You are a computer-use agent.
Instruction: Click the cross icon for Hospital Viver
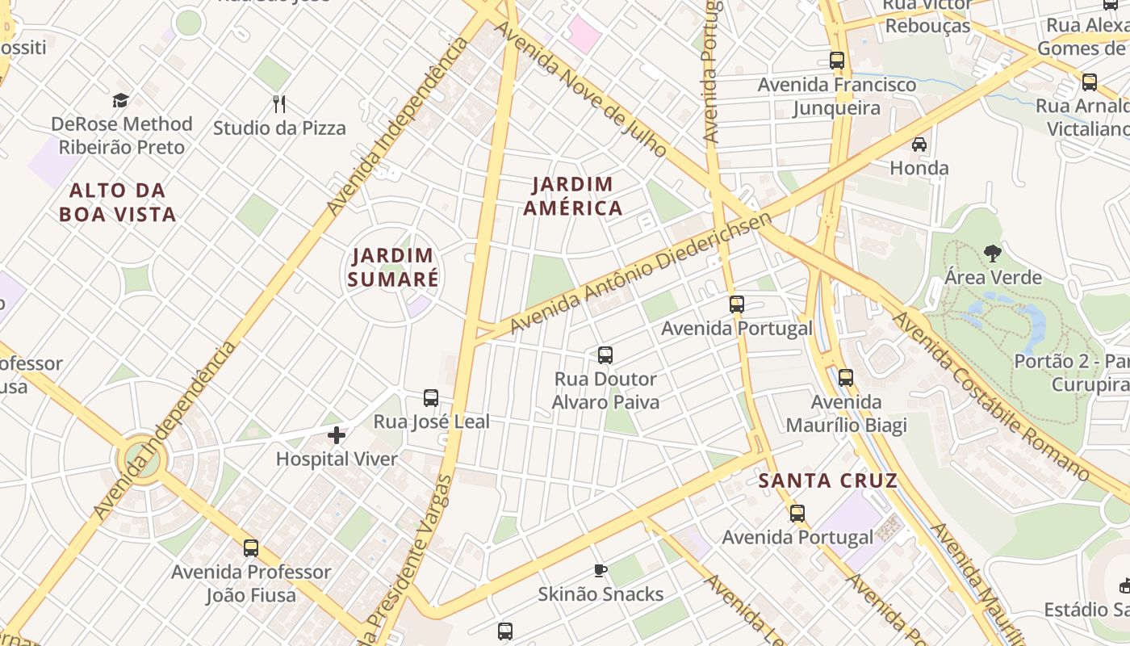pos(337,436)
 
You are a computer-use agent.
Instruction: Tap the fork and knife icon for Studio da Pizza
pos(279,104)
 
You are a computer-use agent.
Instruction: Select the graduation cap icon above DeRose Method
pos(121,100)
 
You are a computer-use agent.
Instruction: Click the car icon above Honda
pos(919,145)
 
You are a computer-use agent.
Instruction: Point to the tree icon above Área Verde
pos(993,254)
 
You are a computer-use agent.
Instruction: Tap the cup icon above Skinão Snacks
pos(601,571)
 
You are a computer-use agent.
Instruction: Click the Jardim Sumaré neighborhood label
pos(395,268)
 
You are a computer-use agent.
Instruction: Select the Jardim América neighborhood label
pos(573,196)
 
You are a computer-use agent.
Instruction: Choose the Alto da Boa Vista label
pos(118,203)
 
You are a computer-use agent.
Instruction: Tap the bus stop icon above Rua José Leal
pos(431,398)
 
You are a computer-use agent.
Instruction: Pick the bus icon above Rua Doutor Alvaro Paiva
pos(605,354)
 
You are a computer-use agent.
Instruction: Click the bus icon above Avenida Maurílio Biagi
pos(846,377)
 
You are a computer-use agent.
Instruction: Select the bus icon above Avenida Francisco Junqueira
pos(837,61)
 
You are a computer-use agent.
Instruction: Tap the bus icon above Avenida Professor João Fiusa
pos(251,548)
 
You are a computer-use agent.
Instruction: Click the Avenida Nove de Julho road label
pos(581,89)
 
